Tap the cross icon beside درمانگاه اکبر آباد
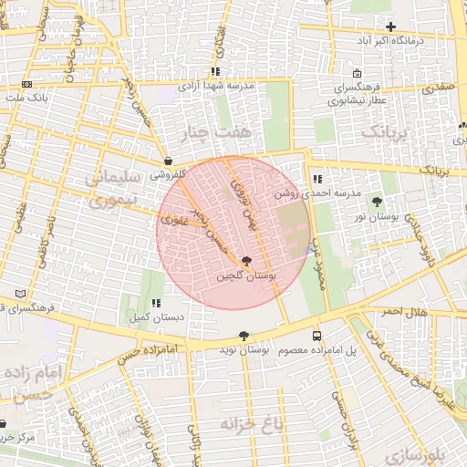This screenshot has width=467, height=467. [x=391, y=26]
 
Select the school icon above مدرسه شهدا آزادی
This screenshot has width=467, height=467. [x=215, y=70]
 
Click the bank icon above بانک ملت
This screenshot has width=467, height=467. [x=25, y=84]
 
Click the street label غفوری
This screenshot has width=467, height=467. [x=172, y=219]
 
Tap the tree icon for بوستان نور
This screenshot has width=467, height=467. [x=378, y=201]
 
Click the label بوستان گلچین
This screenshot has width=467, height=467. [x=247, y=275]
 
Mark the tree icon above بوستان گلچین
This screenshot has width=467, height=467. [x=247, y=262]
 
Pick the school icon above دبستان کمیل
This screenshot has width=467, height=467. [x=157, y=303]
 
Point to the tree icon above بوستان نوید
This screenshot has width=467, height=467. [x=243, y=335]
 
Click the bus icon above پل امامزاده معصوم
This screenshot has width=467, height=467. [x=317, y=335]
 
